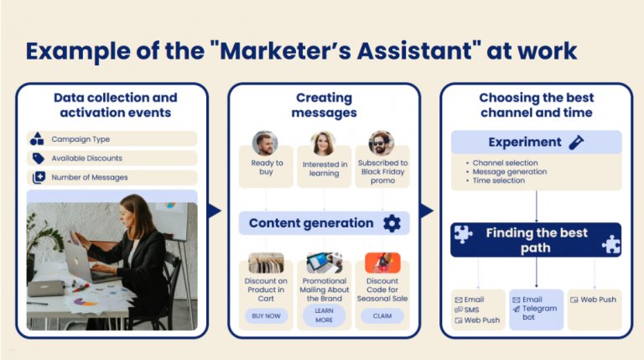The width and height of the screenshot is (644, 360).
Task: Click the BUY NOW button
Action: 266,316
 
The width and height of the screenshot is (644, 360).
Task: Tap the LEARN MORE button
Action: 324,316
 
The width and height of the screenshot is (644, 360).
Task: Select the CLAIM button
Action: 382,316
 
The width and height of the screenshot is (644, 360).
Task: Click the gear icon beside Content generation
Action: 392,223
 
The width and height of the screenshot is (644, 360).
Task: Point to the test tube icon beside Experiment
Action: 576,142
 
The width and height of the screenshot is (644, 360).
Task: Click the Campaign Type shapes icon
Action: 37,139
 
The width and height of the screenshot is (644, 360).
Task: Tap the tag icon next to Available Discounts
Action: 39,159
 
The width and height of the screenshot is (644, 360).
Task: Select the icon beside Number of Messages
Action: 39,178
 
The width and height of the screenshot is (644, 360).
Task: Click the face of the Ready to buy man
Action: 264,142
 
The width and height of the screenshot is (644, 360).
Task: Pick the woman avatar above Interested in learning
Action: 323,143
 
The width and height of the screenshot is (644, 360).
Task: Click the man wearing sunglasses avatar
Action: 382,143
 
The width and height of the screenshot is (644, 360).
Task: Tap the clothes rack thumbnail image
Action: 266,263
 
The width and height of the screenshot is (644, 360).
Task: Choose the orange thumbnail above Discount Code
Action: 382,263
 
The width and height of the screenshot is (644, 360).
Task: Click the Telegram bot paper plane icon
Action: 517,309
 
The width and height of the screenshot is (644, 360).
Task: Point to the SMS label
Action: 471,310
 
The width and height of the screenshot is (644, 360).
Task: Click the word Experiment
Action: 524,142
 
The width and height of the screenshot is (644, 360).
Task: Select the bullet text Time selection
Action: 499,180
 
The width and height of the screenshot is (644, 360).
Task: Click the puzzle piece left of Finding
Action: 463,235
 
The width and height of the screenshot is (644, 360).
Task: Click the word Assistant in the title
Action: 415,50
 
